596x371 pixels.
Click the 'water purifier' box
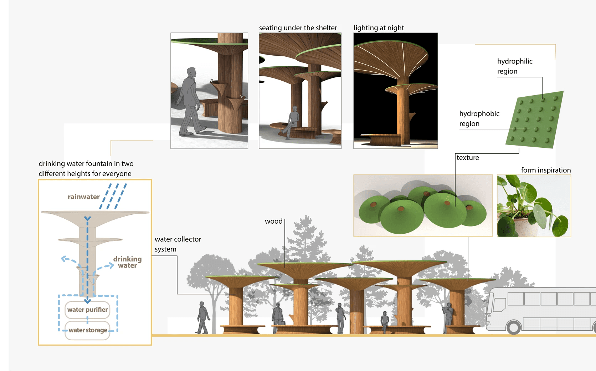coord(87,310)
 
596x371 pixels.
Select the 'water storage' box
coord(88,330)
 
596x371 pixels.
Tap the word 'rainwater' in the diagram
coord(84,197)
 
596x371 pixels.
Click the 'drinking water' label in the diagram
coord(127,262)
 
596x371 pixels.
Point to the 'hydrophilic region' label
coord(514,66)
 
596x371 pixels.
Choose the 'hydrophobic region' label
coord(479,118)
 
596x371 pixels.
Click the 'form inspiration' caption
coord(546,170)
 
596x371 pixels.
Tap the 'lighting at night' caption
coord(379,28)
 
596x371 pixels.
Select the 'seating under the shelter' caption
coord(298,28)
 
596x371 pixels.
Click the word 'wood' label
coord(273,221)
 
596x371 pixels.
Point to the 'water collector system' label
coord(178,244)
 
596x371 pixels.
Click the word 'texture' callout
coord(468,158)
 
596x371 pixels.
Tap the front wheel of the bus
coord(514,327)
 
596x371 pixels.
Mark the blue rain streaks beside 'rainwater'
coord(113,196)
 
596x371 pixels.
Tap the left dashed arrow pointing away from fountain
coord(68,259)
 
